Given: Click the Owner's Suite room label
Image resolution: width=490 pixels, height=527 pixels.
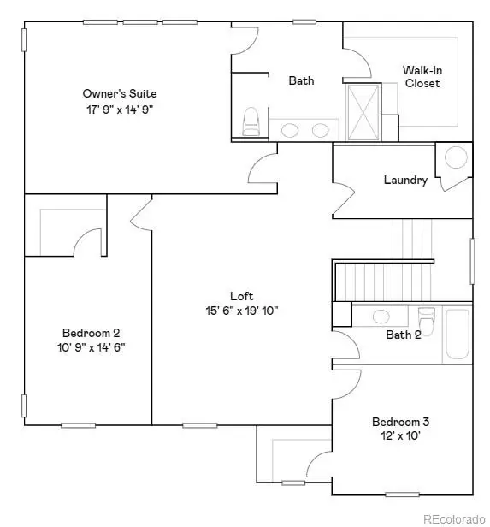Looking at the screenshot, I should coord(119,93).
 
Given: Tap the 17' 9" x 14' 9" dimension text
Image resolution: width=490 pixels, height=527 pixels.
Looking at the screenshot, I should coord(119,110).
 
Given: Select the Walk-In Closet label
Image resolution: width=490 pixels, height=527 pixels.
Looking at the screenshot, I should coord(422,77).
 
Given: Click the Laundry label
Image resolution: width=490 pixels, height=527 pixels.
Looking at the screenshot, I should coord(405,181).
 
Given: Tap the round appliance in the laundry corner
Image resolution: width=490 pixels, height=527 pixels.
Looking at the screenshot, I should coord(457,157).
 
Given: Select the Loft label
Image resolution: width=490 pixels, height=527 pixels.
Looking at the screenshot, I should coord(241,297).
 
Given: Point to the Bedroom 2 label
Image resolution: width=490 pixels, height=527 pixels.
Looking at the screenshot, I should coord(91,333).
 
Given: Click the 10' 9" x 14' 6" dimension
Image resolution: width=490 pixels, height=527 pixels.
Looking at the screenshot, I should coord(91,347).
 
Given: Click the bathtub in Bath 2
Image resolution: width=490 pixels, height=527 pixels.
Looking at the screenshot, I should coord(456,335).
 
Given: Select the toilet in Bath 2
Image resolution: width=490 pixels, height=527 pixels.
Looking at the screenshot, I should coord(426,318).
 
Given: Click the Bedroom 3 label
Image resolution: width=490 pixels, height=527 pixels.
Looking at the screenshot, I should coord(400,422).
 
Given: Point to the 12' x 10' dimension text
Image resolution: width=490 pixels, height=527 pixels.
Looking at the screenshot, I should coord(400,436).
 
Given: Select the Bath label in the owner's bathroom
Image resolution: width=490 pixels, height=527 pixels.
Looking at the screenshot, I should coord(301,81).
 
